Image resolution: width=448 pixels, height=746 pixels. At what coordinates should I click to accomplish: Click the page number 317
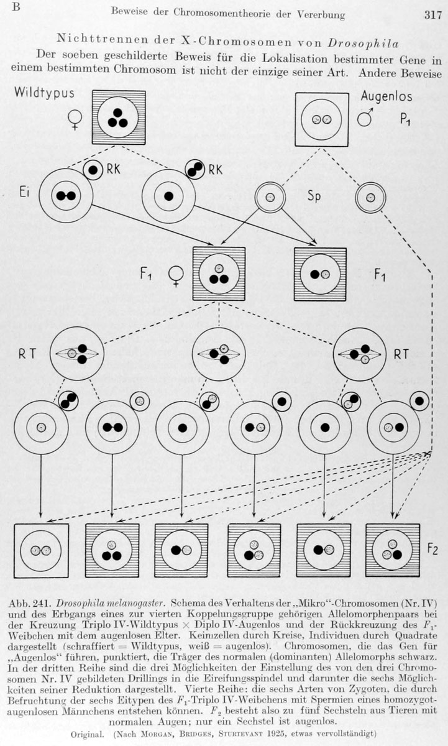432,16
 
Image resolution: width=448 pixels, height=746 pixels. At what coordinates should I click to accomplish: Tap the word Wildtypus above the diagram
44,93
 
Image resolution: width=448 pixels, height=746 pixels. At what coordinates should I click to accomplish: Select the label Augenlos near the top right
386,96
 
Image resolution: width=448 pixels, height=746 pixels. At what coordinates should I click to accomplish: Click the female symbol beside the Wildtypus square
75,120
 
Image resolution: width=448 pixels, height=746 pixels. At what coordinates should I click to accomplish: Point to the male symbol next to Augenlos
365,117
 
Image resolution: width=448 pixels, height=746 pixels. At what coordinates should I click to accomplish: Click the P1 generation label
405,119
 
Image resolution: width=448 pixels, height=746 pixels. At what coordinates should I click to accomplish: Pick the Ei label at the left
24,193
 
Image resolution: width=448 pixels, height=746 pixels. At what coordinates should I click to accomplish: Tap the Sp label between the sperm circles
314,196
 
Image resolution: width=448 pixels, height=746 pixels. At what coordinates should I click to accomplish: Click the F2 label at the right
432,549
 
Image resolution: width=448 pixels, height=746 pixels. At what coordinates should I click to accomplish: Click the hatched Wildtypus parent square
119,117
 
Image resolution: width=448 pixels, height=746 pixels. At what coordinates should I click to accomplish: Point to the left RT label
27,354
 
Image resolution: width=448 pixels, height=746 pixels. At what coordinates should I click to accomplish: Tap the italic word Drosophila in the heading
363,44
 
